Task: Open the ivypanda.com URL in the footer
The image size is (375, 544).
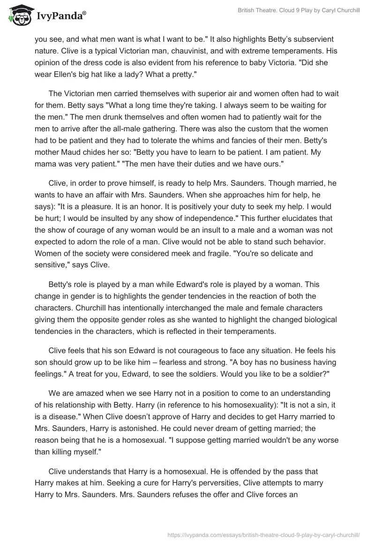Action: (x=263, y=534)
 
